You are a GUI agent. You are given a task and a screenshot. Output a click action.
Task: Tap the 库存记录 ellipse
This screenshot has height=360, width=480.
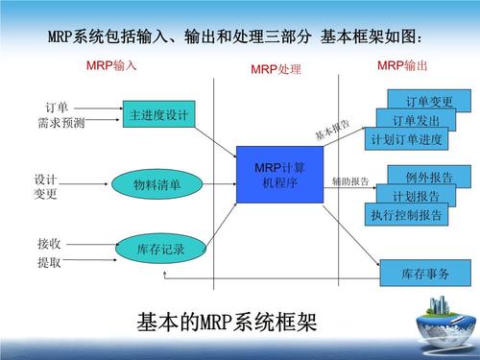coord(159,250)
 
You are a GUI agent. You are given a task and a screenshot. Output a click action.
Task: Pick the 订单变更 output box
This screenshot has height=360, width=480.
coord(429,101)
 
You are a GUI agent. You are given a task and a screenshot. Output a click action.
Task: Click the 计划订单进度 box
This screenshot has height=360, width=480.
coord(406,139)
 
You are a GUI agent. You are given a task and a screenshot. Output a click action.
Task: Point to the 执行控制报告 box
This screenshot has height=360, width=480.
coord(406,215)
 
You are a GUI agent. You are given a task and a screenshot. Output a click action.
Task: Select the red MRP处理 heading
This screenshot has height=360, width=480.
coord(276,70)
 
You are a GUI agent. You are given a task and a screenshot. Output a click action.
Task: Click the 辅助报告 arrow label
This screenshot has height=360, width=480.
coord(349,181)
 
